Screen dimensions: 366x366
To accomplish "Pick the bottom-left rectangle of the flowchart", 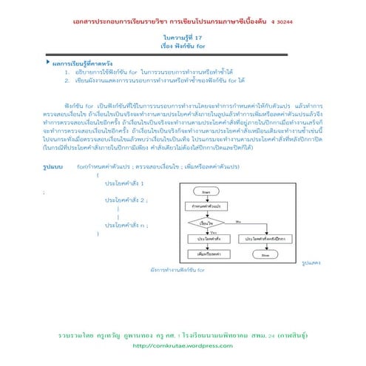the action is (206, 253).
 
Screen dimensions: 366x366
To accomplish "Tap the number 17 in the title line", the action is (200, 36).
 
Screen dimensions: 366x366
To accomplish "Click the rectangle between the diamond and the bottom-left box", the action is (206, 239).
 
